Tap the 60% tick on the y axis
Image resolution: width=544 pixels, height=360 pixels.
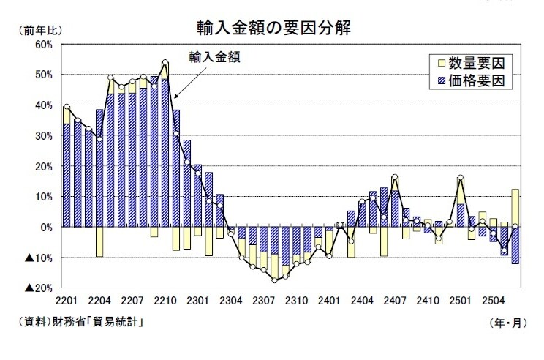42,45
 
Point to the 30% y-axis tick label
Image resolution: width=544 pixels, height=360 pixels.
42,136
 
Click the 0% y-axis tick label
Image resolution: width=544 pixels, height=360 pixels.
45,228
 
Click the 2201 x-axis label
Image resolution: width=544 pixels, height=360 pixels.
67,300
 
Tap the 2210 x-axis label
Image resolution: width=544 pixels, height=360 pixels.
165,300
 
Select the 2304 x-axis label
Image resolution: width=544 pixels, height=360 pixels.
231,300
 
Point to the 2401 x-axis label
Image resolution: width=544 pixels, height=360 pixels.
330,300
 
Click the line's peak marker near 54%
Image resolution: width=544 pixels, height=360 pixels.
165,62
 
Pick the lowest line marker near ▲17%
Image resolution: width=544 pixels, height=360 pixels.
275,280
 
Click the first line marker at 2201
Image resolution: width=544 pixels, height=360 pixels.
67,107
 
